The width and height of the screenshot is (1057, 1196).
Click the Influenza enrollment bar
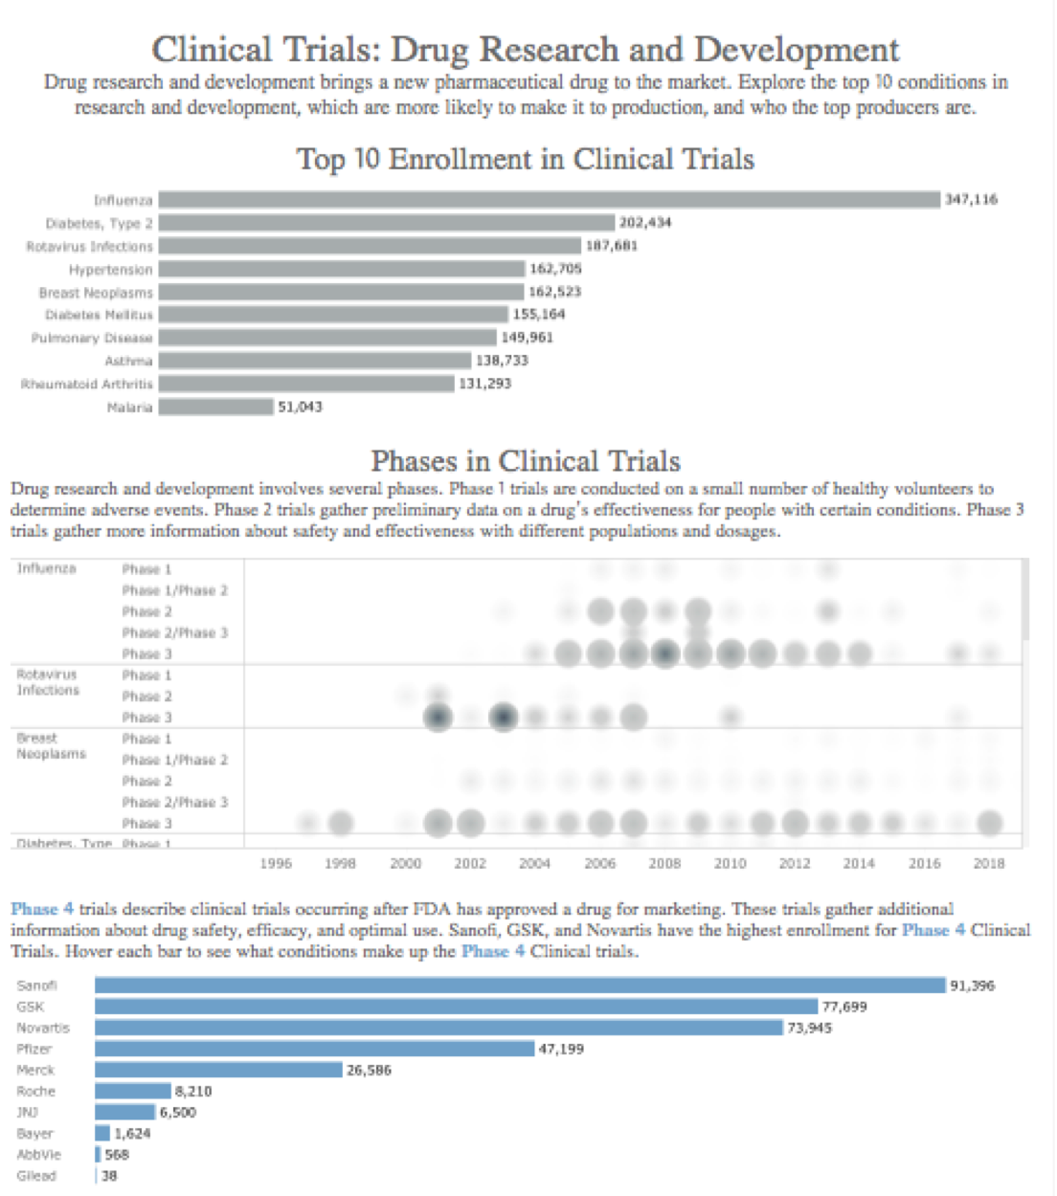pyautogui.click(x=549, y=200)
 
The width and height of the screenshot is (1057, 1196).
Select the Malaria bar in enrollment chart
pyautogui.click(x=215, y=408)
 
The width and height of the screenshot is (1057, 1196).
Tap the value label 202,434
pyautogui.click(x=645, y=223)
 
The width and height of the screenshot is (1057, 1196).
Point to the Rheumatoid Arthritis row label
pyautogui.click(x=87, y=385)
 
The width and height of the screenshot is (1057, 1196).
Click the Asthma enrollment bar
pyautogui.click(x=315, y=361)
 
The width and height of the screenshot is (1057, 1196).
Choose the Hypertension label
pyautogui.click(x=110, y=270)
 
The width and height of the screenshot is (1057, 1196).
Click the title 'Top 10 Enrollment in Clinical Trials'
pyautogui.click(x=525, y=159)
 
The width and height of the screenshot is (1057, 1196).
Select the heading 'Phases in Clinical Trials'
pyautogui.click(x=525, y=461)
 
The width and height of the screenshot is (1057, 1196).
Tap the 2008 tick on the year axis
pyautogui.click(x=664, y=863)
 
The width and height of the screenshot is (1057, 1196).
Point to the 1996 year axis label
pyautogui.click(x=276, y=863)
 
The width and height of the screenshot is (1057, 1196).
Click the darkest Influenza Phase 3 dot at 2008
pyautogui.click(x=664, y=654)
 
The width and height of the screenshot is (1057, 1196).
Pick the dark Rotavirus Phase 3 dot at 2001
pyautogui.click(x=438, y=717)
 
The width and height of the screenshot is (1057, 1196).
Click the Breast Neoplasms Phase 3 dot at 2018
pyautogui.click(x=989, y=823)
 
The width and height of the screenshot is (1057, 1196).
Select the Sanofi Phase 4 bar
pyautogui.click(x=520, y=986)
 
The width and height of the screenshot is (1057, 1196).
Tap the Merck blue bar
pyautogui.click(x=218, y=1070)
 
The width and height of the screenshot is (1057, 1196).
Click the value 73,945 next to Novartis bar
pyautogui.click(x=809, y=1028)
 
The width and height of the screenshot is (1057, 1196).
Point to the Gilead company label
pyautogui.click(x=36, y=1176)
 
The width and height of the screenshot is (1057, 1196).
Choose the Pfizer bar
pyautogui.click(x=314, y=1049)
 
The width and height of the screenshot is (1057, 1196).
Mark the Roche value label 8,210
pyautogui.click(x=193, y=1091)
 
